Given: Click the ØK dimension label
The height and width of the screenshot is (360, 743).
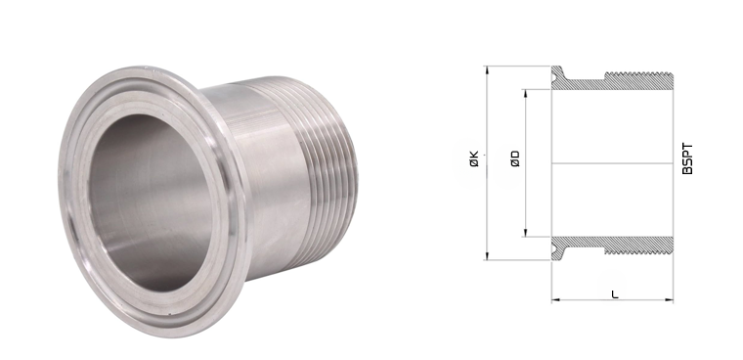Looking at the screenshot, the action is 474,158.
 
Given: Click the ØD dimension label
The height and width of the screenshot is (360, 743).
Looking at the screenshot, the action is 515,158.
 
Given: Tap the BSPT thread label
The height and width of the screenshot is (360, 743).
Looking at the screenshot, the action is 687,158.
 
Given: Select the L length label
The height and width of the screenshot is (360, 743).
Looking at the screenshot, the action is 615,294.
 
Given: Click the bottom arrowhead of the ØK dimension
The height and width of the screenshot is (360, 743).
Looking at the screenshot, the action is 487,256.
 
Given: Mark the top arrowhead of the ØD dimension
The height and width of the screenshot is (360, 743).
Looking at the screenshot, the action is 525,93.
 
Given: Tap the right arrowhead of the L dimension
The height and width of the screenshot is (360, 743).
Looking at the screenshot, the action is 669,299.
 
